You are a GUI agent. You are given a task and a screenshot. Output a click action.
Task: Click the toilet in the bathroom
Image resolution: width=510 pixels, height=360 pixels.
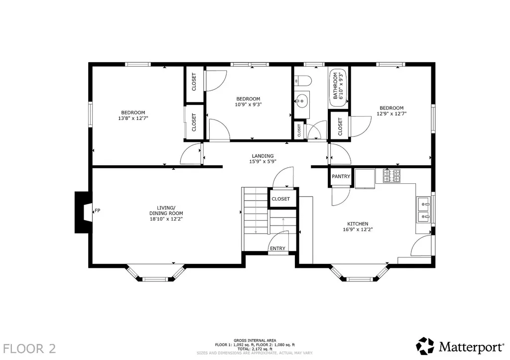pos(303,80)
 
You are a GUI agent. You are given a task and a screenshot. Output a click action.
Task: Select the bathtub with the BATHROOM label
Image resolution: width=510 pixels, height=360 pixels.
pos(339,89)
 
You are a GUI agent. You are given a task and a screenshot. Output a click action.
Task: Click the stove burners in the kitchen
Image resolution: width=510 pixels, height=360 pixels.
pos(391,176)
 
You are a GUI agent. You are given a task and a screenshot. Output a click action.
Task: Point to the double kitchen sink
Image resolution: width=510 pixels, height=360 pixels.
pos(424,210)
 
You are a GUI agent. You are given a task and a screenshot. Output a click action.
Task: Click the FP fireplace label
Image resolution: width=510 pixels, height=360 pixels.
pos(97,211)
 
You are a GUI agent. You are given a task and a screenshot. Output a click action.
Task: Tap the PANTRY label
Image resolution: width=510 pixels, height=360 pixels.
pos(341,176)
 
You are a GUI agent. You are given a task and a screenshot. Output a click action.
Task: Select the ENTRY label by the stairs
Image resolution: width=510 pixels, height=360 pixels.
pos(277,248)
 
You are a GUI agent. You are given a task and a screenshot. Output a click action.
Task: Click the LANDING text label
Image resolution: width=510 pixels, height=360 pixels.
pos(263,156)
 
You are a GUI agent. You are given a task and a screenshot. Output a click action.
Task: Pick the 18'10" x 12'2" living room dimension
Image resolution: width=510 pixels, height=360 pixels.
pos(166,219)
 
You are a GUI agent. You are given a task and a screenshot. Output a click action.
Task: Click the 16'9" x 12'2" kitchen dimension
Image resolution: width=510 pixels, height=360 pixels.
pos(358,229)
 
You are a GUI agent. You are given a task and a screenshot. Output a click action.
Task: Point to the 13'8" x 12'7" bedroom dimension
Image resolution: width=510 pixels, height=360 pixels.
pos(133,119)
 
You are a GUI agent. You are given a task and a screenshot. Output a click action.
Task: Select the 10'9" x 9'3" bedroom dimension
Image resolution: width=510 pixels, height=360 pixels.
pos(248,105)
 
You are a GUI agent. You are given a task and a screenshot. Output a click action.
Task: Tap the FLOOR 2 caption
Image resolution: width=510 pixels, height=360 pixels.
pos(29,349)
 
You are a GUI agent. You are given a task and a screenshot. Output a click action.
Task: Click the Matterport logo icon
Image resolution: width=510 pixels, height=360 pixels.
pos(425,346)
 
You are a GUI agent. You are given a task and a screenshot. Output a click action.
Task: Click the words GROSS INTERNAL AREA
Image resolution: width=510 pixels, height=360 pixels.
pos(255,341)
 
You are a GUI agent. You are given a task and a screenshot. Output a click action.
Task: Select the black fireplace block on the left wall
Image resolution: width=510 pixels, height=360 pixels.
pos(84,212)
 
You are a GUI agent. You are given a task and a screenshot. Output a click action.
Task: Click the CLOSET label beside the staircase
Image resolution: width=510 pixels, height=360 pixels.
pos(281,199)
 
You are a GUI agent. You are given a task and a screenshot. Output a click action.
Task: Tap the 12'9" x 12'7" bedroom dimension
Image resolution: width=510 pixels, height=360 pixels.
pos(391,114)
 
